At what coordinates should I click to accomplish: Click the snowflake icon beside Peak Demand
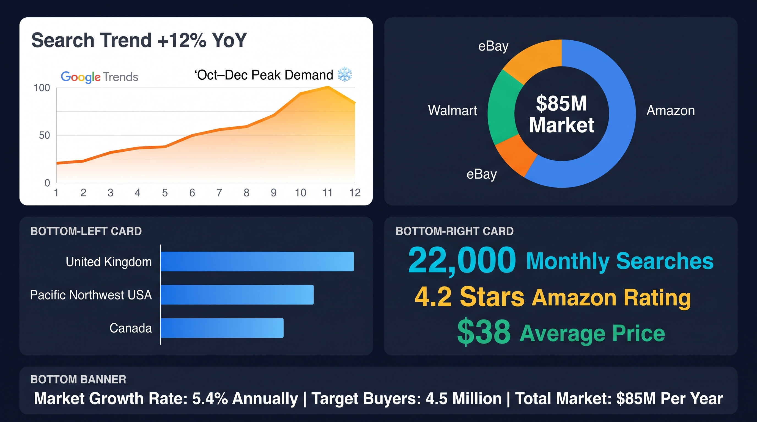coord(345,74)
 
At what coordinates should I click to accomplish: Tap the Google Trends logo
coord(99,77)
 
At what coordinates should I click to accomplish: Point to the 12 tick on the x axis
coord(355,193)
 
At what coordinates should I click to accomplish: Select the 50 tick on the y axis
coord(44,135)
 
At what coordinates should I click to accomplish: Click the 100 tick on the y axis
coord(42,88)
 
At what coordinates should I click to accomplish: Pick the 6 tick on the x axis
coord(192,193)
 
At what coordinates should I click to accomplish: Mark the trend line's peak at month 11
coord(328,87)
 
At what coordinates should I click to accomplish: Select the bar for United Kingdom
coord(257,262)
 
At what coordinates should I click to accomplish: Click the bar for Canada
coord(222,328)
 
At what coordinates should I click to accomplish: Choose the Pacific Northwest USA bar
coord(237,295)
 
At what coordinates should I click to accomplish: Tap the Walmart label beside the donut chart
coord(452,111)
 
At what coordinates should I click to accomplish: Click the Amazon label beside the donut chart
coord(671,111)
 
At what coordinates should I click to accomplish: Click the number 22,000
coord(462,260)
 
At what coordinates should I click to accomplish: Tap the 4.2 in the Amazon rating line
coord(433,297)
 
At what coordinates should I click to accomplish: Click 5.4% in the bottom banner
coord(210,399)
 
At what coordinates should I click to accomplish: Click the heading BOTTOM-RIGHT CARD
coord(455,231)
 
